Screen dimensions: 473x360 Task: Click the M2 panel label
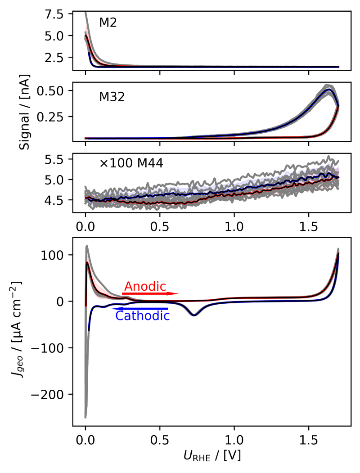pos(108,23)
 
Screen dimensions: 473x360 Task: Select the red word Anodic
pos(145,286)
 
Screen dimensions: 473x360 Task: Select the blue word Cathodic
pos(142,316)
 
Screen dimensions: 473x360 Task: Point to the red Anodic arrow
pos(150,293)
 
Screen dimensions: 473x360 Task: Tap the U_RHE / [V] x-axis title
pos(212,455)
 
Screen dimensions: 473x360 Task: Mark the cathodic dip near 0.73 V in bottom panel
pos(194,315)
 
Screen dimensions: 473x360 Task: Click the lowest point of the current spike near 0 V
pos(85,417)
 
